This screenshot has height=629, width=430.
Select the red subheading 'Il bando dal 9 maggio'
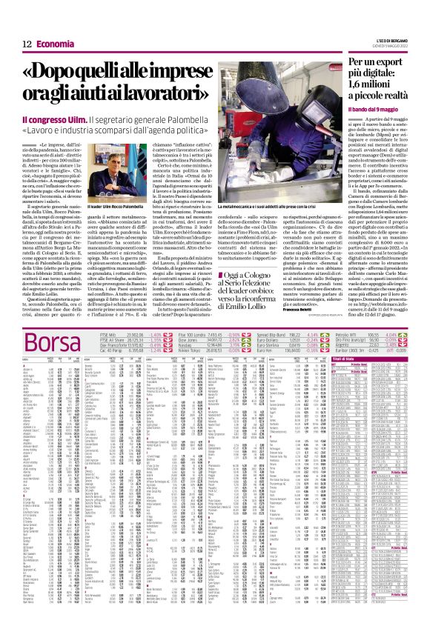click(374, 108)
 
